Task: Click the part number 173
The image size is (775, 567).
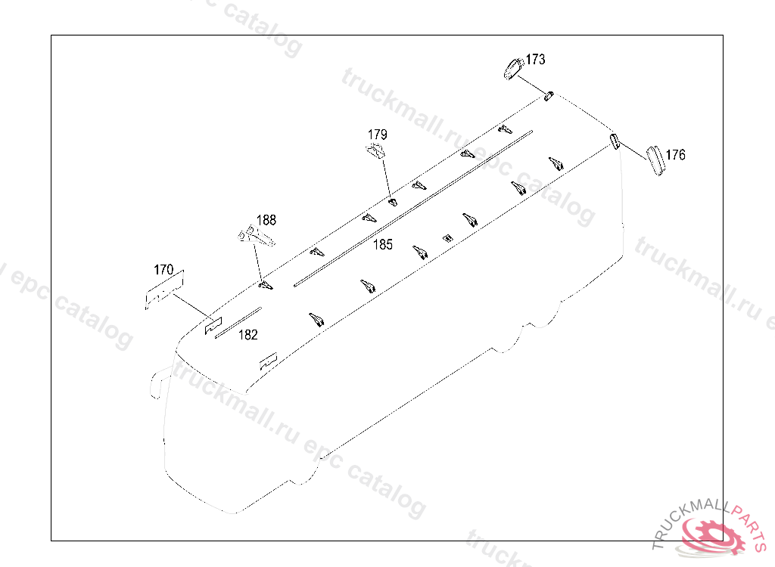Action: tap(535, 59)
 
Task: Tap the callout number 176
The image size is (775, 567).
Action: tap(676, 155)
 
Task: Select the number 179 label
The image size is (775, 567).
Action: tap(378, 135)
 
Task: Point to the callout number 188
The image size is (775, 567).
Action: tap(266, 220)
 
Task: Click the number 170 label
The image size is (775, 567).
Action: tap(163, 269)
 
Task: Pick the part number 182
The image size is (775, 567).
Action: tap(248, 334)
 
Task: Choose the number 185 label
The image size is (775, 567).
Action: tap(383, 245)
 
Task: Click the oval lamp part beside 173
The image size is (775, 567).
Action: tap(513, 68)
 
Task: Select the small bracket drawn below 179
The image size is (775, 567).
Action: tap(375, 151)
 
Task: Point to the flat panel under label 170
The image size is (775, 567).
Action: tap(163, 290)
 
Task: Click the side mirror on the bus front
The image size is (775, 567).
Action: tap(156, 383)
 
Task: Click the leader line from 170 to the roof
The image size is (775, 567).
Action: tap(190, 305)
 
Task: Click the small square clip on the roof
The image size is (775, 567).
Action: tap(447, 238)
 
